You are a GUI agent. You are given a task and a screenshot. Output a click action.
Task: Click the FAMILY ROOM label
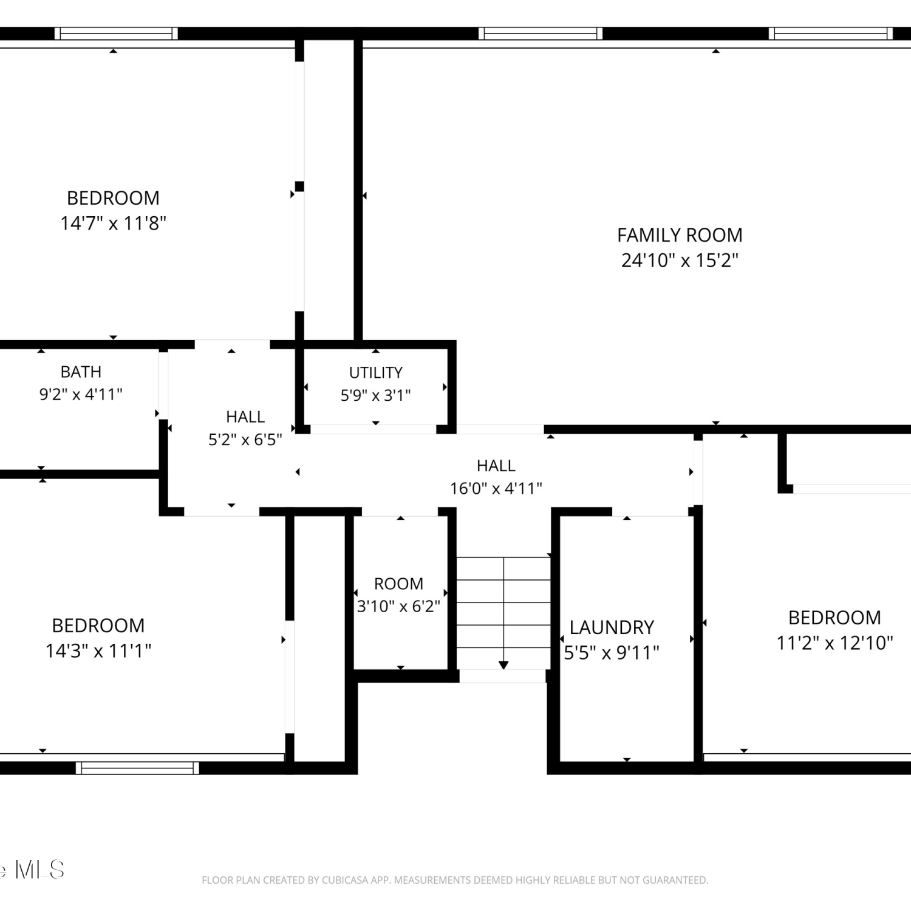[x=680, y=235]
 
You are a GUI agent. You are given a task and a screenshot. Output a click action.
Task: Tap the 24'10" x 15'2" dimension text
[x=680, y=261]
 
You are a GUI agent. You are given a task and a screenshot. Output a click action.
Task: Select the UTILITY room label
[x=375, y=372]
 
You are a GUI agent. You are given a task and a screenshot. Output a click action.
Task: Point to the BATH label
[x=81, y=372]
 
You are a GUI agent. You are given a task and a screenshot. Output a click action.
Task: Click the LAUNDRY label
[x=612, y=627]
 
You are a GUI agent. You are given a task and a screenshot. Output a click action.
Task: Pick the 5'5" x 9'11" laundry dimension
[x=612, y=653]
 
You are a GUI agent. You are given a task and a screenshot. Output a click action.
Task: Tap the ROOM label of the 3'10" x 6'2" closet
[x=398, y=584]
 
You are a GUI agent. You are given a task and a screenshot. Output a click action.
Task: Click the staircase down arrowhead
[x=503, y=665]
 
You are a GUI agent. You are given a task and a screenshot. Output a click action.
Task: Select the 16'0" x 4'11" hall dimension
[x=496, y=488]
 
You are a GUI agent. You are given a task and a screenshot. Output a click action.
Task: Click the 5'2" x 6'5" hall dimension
[x=245, y=440]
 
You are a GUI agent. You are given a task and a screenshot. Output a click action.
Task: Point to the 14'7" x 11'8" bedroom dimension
[x=113, y=223]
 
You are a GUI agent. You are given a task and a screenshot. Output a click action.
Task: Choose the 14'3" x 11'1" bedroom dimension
[x=98, y=651]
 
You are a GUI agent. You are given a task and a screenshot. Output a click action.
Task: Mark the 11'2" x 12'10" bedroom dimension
[x=834, y=643]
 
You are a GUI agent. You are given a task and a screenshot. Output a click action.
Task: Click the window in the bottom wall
[x=137, y=768]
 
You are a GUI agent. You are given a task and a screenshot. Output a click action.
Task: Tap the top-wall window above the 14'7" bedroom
[x=116, y=33]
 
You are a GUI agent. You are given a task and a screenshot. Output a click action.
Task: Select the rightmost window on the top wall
[x=831, y=33]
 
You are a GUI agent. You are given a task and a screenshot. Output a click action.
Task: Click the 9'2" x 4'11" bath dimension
[x=81, y=395]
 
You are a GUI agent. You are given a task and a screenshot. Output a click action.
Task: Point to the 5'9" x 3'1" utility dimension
[x=375, y=396]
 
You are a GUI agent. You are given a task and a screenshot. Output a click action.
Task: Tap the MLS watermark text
[x=39, y=870]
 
